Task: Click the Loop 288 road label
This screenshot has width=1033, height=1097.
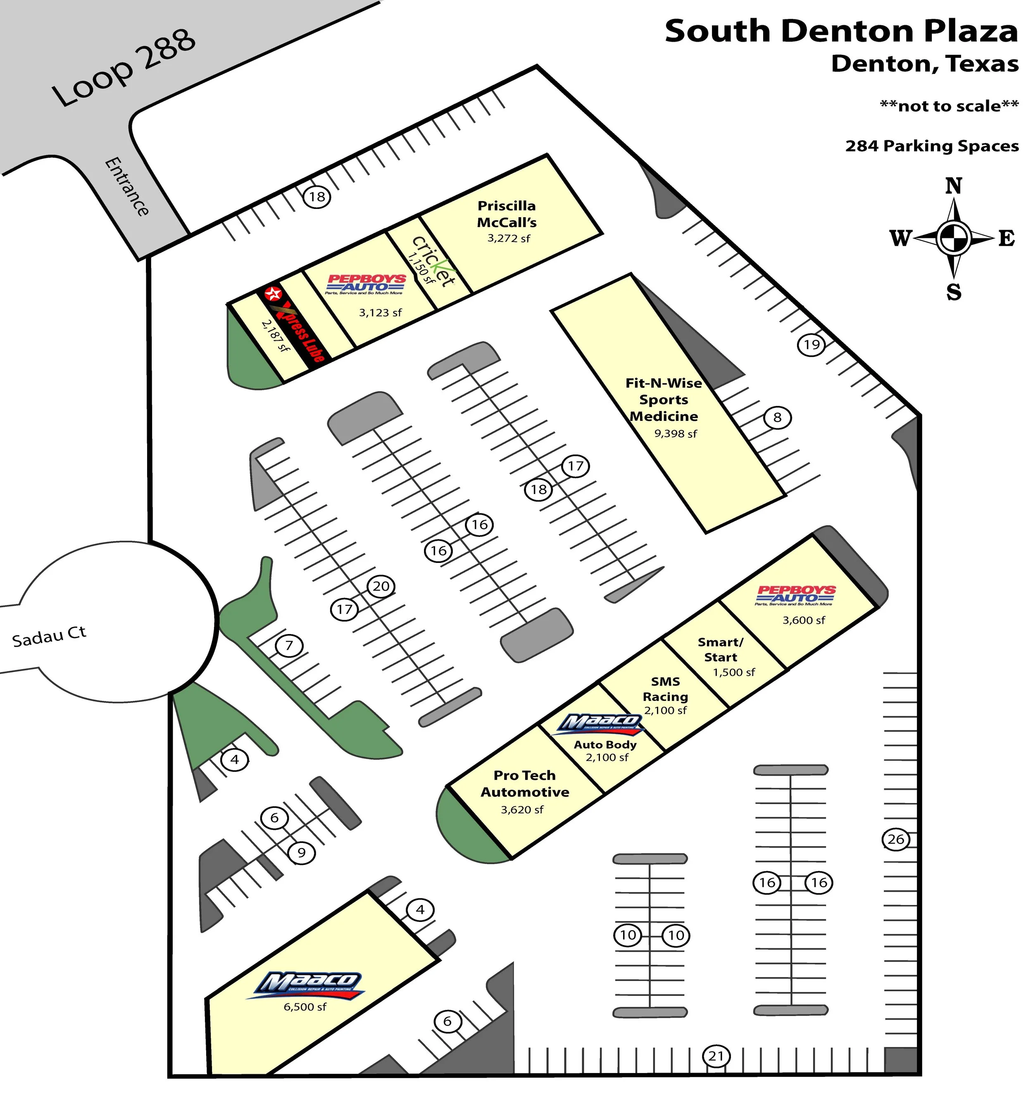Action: click(124, 67)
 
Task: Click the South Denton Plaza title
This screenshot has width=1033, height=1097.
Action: click(840, 31)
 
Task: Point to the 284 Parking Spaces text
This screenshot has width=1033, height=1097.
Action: click(931, 146)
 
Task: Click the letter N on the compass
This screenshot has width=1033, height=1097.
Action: click(954, 186)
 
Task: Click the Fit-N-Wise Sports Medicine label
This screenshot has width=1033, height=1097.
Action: click(664, 399)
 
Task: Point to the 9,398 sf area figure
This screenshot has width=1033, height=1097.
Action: click(675, 434)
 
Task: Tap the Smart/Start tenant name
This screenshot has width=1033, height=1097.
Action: click(721, 649)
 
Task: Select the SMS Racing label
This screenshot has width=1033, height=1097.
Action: click(665, 689)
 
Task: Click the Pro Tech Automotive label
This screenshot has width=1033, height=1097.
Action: click(524, 784)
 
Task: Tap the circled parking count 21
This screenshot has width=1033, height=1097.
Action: click(716, 1056)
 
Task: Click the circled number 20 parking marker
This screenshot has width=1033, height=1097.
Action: click(381, 586)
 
